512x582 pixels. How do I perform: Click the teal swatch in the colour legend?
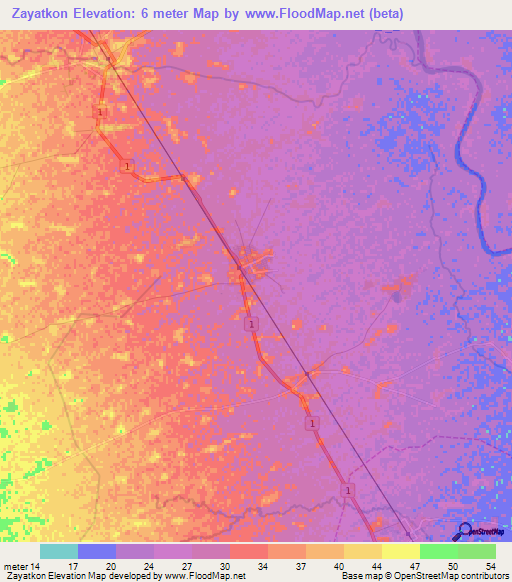(x=58, y=551)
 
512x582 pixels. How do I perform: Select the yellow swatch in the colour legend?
(x=400, y=551)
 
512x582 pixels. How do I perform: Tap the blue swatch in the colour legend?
(x=96, y=551)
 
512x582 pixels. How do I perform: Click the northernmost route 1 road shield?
(x=101, y=112)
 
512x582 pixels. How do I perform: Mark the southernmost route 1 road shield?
(x=348, y=489)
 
